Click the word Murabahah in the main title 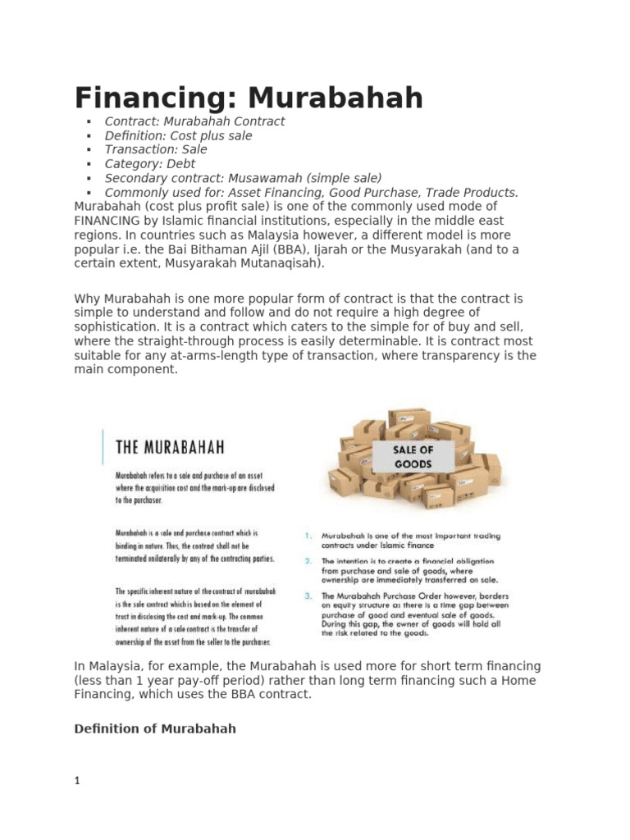(x=336, y=98)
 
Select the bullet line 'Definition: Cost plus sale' (x=178, y=135)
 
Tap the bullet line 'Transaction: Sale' (x=156, y=149)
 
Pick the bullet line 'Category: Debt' (x=149, y=164)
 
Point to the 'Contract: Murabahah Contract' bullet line (x=194, y=121)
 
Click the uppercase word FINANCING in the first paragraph (x=112, y=221)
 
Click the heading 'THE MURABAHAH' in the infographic (x=170, y=448)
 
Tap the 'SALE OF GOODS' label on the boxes (x=413, y=457)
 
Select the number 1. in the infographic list (x=308, y=536)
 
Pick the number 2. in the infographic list (x=308, y=562)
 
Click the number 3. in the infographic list (x=308, y=596)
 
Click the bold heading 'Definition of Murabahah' (x=155, y=728)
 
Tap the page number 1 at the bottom (x=77, y=782)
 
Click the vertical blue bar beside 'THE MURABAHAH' (x=103, y=447)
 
